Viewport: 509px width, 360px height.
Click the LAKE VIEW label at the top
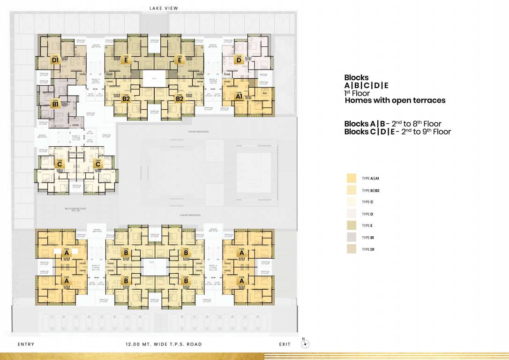[x=164, y=8]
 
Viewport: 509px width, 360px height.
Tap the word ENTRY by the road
[x=26, y=344]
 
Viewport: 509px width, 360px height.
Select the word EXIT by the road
[x=284, y=344]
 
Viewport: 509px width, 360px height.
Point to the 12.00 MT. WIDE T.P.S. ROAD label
[x=164, y=344]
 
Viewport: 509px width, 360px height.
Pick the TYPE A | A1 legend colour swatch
[x=351, y=179]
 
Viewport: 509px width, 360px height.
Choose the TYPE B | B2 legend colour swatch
[x=351, y=190]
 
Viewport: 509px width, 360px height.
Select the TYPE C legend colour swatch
[x=351, y=202]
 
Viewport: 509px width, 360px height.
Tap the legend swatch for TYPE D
[x=351, y=214]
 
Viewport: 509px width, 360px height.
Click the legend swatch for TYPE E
[x=351, y=225]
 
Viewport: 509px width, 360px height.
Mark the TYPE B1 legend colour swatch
[x=351, y=237]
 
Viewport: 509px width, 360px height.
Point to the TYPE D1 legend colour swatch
[x=351, y=249]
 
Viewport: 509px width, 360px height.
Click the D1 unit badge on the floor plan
[x=55, y=60]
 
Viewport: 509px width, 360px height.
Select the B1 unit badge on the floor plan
[x=55, y=104]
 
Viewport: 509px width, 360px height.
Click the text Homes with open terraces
[x=395, y=100]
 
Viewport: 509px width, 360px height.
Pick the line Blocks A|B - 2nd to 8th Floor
[x=392, y=124]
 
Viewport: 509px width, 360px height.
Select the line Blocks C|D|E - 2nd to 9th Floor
[x=397, y=132]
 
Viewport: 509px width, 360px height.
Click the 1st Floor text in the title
[x=357, y=93]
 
